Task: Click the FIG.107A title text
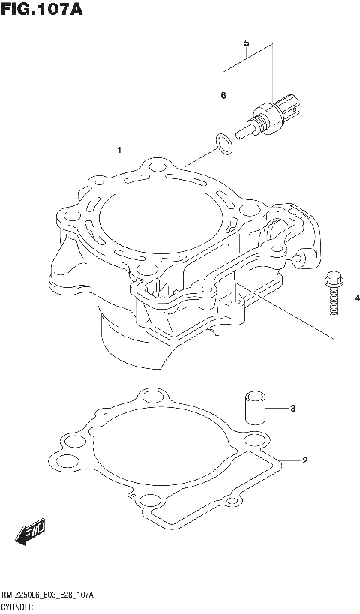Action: tap(41, 10)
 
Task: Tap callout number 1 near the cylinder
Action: tap(119, 151)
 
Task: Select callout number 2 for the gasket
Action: tap(304, 460)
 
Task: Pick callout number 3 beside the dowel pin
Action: tap(293, 409)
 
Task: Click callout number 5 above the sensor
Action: tap(246, 43)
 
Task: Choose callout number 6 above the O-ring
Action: tap(223, 96)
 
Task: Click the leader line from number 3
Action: tap(277, 409)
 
